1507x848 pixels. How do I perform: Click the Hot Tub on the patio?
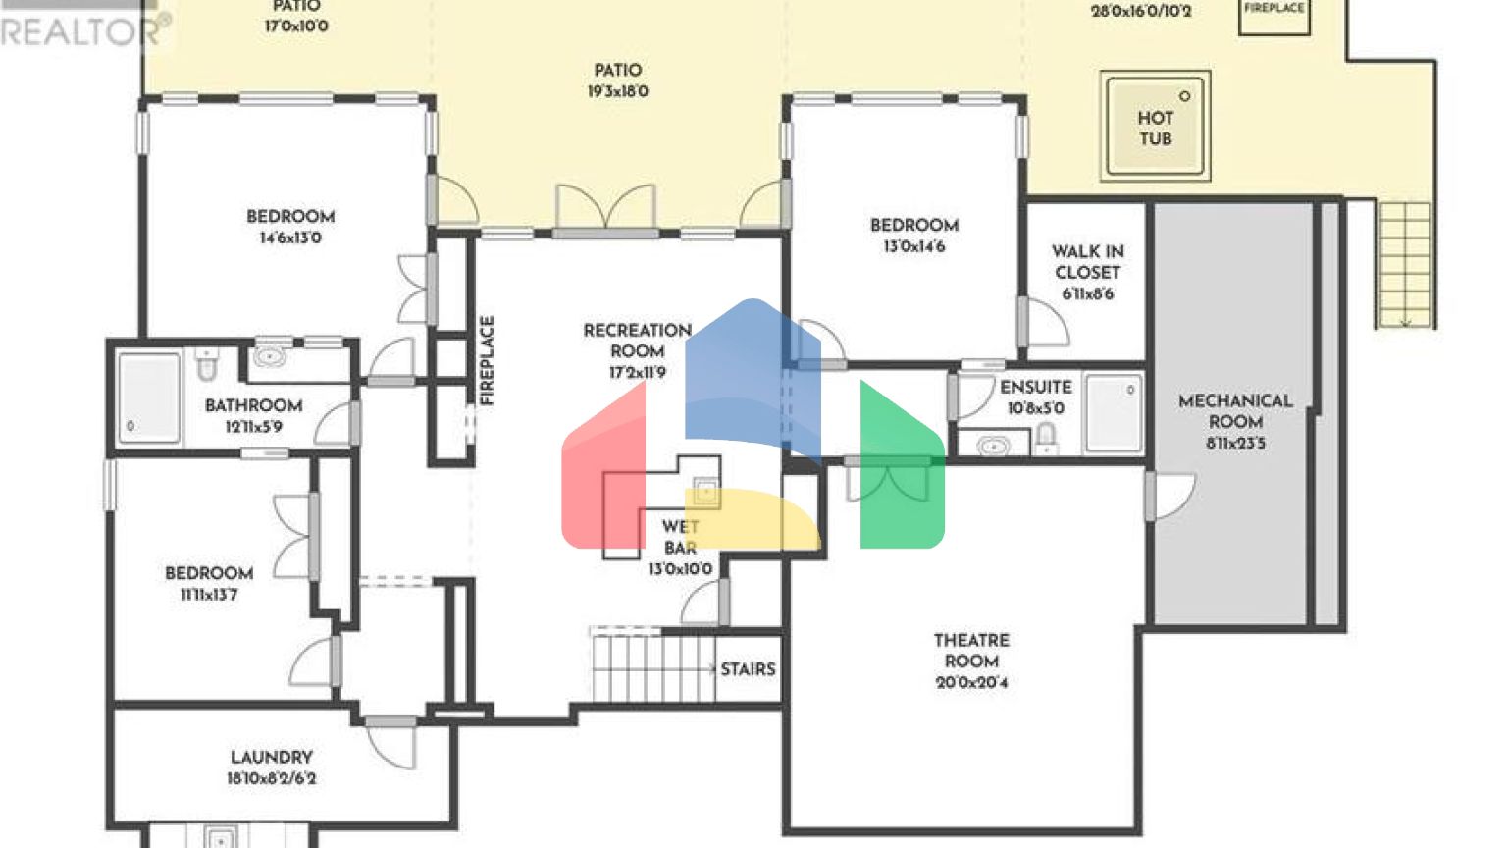[1155, 127]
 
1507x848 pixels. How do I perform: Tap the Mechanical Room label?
[1235, 411]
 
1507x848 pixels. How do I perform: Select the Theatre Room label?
[970, 651]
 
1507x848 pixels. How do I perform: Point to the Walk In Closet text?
[1087, 262]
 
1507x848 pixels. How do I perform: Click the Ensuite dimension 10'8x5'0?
[1035, 408]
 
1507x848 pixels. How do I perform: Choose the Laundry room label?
[271, 758]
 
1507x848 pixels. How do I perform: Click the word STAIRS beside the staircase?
[748, 669]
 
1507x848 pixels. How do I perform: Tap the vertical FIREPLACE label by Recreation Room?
[487, 360]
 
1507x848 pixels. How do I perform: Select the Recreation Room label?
[637, 341]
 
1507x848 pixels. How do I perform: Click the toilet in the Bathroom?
[207, 364]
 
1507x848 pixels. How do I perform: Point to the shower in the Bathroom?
[148, 397]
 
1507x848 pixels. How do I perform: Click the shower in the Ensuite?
[1114, 412]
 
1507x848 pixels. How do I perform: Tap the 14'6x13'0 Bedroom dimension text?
[290, 238]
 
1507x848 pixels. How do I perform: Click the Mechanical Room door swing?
[1172, 496]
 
